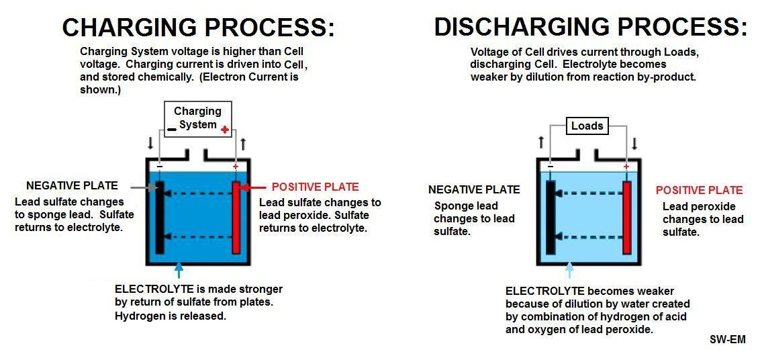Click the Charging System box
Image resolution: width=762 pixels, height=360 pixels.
pyautogui.click(x=197, y=118)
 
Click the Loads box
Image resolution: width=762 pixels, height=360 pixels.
pyautogui.click(x=587, y=126)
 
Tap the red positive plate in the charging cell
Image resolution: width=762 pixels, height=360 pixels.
pyautogui.click(x=236, y=217)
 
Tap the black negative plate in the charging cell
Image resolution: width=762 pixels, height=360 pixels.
pyautogui.click(x=160, y=217)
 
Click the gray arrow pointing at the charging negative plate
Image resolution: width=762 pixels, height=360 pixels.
pyautogui.click(x=140, y=187)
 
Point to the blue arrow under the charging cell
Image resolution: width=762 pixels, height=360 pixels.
pyautogui.click(x=179, y=271)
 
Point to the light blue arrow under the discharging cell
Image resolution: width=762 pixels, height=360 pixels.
pyautogui.click(x=569, y=271)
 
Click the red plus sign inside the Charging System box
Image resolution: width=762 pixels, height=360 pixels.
pyautogui.click(x=224, y=129)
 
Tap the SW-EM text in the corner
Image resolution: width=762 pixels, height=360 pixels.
pyautogui.click(x=727, y=339)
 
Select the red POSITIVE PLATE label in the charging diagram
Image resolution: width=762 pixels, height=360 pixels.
pyautogui.click(x=315, y=187)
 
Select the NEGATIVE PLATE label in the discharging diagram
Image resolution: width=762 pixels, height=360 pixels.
pyautogui.click(x=474, y=189)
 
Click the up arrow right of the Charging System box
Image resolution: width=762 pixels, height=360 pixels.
pyautogui.click(x=243, y=144)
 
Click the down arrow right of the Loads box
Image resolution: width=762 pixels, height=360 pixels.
pyautogui.click(x=634, y=144)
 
